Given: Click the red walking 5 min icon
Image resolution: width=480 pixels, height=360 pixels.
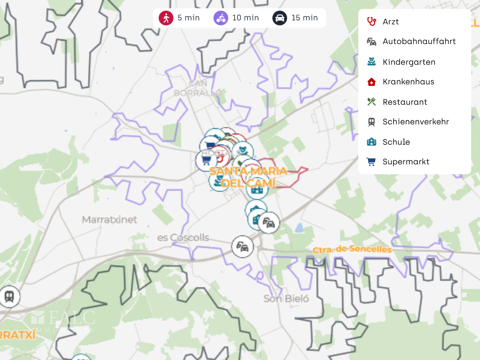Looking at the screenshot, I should tap(166, 18).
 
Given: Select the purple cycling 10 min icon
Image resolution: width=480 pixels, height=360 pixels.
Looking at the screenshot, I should tap(221, 18).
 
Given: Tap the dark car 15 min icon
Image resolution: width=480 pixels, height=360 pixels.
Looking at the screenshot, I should tap(280, 18).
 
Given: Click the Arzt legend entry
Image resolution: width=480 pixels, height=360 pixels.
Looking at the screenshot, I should tap(391, 22).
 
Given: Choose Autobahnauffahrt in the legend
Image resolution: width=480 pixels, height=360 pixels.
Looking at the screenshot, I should tap(419, 41).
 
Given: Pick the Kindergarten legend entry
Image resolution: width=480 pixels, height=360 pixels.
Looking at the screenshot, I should tap(409, 62).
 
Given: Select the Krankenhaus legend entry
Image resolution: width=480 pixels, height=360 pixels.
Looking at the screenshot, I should tap(408, 82).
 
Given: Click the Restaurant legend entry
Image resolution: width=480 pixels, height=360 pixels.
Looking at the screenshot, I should tap(405, 102).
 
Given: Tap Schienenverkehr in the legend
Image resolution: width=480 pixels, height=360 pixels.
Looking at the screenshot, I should tap(416, 122).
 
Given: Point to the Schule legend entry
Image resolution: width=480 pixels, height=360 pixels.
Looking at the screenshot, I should tap(396, 142).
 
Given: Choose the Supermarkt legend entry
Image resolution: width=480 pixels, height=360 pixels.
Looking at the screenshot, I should tap(406, 162).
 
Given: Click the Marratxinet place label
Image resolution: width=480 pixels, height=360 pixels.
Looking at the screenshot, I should tap(109, 220).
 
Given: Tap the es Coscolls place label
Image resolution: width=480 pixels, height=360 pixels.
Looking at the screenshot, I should tap(183, 237).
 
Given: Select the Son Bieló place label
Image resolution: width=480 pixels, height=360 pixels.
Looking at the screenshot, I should tap(286, 299).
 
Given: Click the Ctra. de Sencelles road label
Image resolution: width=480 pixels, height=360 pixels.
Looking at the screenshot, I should tap(352, 249).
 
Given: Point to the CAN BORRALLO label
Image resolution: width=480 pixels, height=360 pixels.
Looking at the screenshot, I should tap(198, 88).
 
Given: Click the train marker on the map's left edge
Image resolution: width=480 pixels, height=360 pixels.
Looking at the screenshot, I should tap(9, 297).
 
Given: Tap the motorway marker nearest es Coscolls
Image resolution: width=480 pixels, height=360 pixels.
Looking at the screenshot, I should tap(243, 247).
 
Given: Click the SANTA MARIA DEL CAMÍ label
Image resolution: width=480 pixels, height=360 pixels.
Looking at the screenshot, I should tap(248, 177).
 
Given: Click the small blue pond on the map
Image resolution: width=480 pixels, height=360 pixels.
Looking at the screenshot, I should tap(299, 228).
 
